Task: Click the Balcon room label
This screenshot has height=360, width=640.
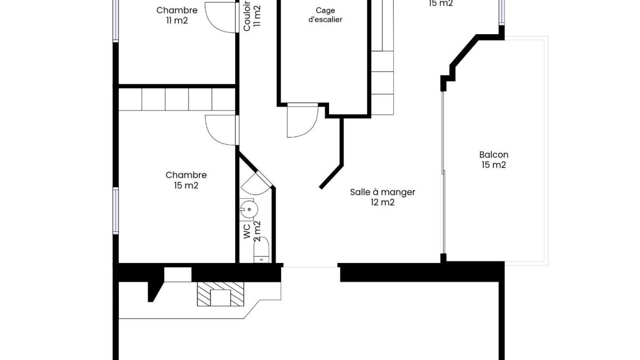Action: (494, 159)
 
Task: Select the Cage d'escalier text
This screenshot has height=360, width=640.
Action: (325, 15)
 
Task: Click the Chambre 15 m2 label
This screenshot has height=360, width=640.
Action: (186, 180)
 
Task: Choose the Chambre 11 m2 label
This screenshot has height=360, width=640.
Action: (177, 15)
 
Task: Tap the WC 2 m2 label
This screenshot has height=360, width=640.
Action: (252, 231)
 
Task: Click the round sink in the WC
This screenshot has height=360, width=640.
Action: (249, 210)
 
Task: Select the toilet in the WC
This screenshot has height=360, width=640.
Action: (262, 250)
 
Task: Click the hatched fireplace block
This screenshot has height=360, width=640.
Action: (221, 294)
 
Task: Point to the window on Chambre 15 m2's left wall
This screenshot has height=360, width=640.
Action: (115, 211)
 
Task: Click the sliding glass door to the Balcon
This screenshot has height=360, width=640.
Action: (443, 172)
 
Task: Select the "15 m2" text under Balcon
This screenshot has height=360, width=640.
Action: (494, 165)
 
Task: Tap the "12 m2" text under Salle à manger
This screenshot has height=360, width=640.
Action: (382, 202)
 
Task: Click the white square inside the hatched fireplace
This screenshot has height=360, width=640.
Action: (220, 298)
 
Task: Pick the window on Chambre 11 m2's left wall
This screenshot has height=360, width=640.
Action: (115, 21)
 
